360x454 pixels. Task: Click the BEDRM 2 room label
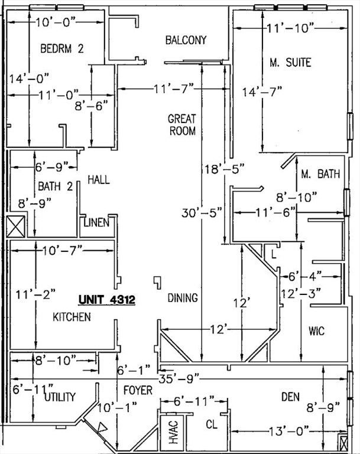click(61, 49)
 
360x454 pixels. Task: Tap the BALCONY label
click(186, 40)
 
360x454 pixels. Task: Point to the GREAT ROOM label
click(183, 125)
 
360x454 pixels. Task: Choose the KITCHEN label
click(72, 317)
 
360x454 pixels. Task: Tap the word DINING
click(183, 298)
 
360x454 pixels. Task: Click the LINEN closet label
click(96, 223)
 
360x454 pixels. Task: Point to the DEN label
click(290, 397)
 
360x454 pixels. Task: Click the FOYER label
click(138, 391)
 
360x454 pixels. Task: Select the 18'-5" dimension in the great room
click(211, 170)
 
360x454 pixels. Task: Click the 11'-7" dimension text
click(174, 89)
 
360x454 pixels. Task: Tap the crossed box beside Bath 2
click(15, 226)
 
